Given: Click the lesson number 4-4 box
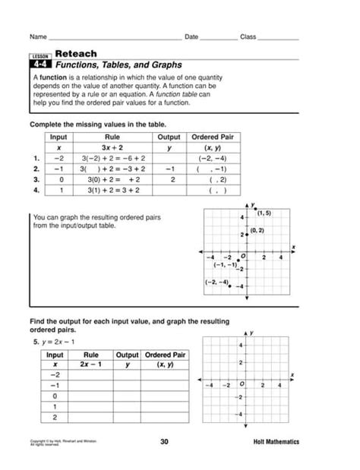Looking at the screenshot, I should tap(40, 66).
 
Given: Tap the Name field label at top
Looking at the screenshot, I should tap(38, 36).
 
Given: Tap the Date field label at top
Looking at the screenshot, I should tap(191, 36).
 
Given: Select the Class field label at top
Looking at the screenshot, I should tap(248, 36).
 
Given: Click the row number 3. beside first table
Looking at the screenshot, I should tap(35, 180).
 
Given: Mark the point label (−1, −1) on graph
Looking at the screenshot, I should tap(226, 264).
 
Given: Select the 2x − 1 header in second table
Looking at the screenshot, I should tap(92, 364).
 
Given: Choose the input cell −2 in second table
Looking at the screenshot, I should tap(55, 375).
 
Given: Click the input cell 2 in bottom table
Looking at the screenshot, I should tap(55, 417).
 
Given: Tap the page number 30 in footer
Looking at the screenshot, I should tap(165, 442).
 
